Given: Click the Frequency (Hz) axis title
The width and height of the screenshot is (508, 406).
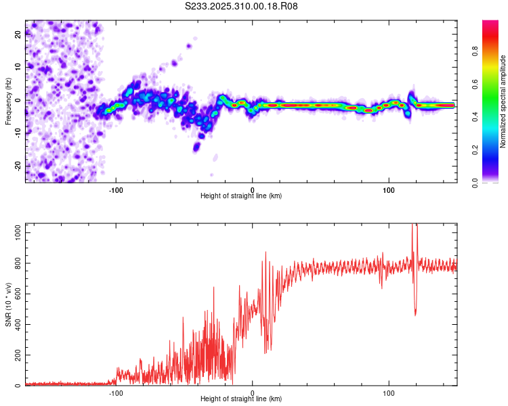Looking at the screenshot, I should coord(8,101).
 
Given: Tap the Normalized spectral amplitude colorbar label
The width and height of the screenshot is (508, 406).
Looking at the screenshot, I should coord(503,101).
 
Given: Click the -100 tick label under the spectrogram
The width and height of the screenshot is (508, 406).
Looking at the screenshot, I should coord(116,189).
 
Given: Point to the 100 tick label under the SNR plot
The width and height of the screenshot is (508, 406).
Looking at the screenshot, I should coord(389,392).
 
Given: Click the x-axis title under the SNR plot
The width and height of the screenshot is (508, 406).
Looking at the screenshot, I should coord(241,399).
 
